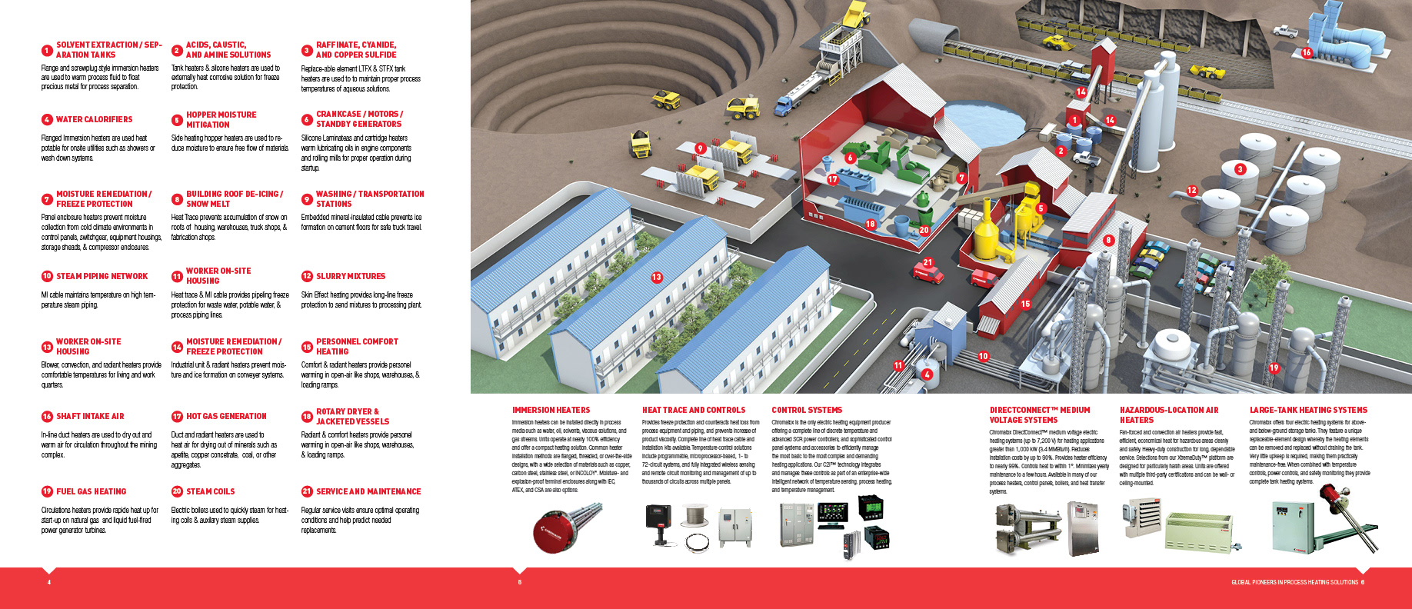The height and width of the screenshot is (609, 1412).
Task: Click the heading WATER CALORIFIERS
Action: click(x=94, y=120)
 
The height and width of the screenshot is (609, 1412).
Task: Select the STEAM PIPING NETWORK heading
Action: click(x=102, y=276)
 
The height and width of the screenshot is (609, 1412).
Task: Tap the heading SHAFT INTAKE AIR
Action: click(x=90, y=416)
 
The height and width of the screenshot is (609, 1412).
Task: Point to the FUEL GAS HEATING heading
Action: click(x=91, y=491)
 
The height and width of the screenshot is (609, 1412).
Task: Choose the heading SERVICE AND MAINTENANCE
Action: click(x=368, y=491)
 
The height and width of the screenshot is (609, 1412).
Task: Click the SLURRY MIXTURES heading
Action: click(x=351, y=276)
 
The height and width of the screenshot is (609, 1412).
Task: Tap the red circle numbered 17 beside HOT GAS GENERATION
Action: click(x=177, y=416)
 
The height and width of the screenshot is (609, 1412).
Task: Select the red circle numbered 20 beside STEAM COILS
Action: click(x=177, y=491)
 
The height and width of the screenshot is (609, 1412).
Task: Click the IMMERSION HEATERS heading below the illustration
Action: click(x=551, y=410)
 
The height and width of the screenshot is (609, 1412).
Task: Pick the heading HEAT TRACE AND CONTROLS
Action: click(x=694, y=410)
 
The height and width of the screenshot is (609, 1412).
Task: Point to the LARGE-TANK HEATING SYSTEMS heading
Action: click(x=1308, y=410)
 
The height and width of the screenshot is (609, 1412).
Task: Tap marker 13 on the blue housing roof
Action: click(x=657, y=278)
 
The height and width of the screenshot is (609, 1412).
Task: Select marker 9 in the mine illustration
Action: click(x=700, y=148)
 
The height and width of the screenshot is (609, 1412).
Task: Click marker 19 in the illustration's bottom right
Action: click(x=1274, y=368)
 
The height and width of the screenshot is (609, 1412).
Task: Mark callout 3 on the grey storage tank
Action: click(x=1240, y=169)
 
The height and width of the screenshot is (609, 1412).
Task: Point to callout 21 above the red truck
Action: click(x=927, y=262)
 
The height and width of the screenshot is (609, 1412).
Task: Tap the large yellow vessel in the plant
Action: click(x=983, y=235)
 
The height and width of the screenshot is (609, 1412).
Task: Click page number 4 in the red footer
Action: click(x=49, y=582)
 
